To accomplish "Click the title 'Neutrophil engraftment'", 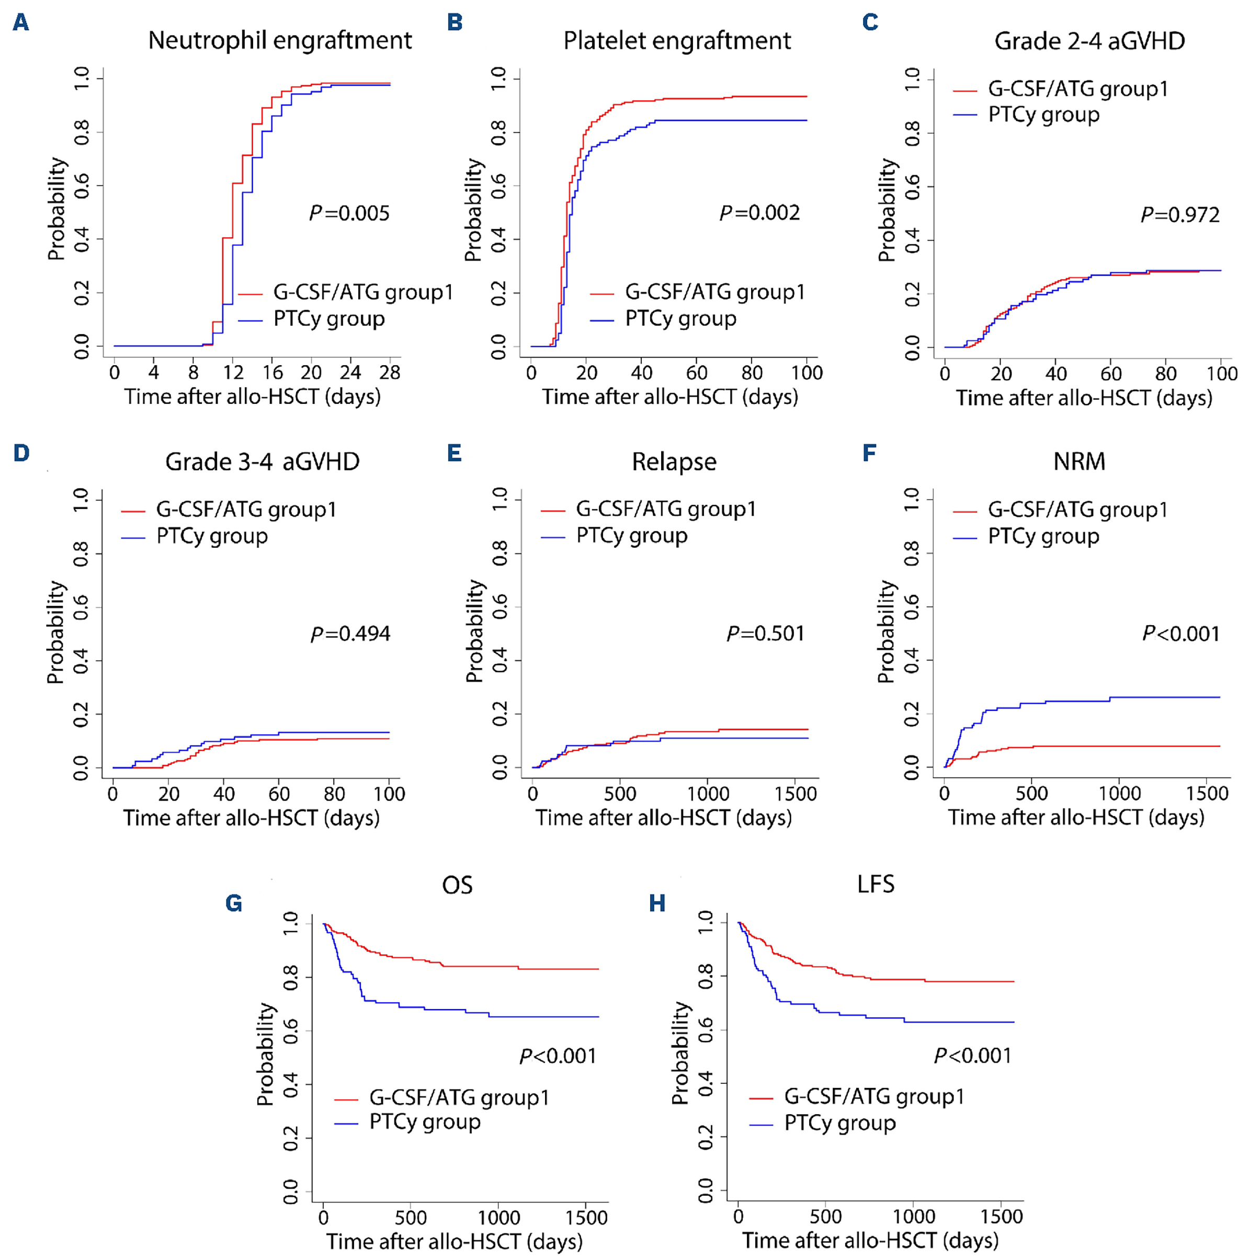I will (x=280, y=40).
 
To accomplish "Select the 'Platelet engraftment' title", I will (x=677, y=40).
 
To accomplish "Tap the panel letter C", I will (x=870, y=22).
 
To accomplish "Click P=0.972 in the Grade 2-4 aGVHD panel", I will (x=1180, y=214).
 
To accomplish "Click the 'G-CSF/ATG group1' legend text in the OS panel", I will (x=459, y=1097).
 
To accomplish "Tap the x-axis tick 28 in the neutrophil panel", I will (x=390, y=372).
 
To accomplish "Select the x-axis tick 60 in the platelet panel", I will (x=696, y=372).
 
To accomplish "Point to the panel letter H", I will (x=657, y=903).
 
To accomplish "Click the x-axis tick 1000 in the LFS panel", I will (x=913, y=1216).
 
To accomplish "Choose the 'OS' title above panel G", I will (x=457, y=885).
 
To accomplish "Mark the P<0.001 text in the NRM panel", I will (x=1180, y=633).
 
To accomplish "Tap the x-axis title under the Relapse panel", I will (x=664, y=818).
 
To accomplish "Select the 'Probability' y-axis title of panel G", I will (x=265, y=1054).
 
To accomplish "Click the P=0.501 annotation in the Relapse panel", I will (x=765, y=633).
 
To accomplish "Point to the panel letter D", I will (x=21, y=452).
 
